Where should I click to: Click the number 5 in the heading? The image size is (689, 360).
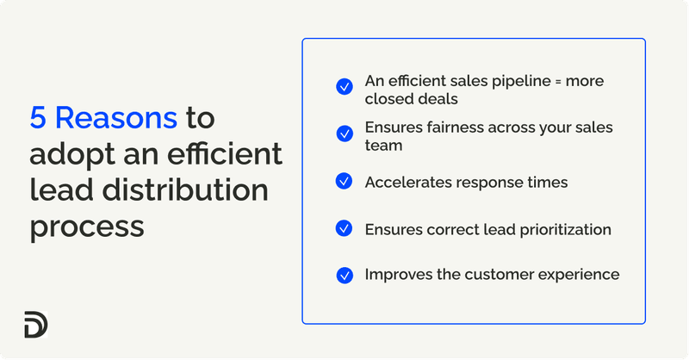pos(38,118)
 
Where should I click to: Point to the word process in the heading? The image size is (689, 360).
pos(86,227)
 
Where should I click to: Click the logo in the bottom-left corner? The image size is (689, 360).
pos(36,325)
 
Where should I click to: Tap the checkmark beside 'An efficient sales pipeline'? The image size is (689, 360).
pos(344,86)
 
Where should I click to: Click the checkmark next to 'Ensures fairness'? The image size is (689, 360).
pos(344,133)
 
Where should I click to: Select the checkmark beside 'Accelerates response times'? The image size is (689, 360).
pos(344,181)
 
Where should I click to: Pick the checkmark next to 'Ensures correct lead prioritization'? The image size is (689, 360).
pos(344,228)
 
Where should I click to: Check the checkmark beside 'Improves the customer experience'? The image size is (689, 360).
pos(344,275)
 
